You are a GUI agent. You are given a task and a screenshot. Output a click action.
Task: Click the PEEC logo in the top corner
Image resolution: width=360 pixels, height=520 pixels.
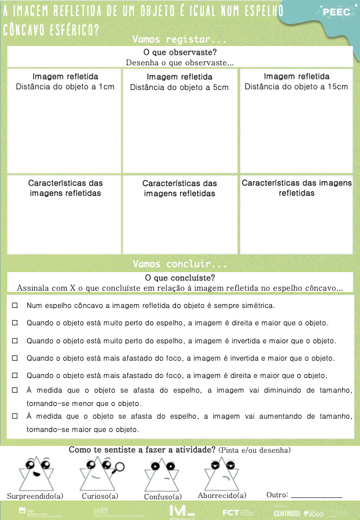[335, 12]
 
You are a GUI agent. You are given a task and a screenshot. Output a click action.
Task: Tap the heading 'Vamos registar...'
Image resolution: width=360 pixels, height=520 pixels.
[179, 39]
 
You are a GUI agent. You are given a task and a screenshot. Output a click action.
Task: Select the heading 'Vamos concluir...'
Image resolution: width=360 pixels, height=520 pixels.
[179, 264]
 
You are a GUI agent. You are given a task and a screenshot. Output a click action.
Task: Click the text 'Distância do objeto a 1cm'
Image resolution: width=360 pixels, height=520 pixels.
[65, 87]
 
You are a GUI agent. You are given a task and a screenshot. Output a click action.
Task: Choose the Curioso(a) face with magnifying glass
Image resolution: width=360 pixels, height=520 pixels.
[99, 473]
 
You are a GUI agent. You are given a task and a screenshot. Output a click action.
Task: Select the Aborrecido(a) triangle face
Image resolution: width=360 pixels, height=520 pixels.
[222, 473]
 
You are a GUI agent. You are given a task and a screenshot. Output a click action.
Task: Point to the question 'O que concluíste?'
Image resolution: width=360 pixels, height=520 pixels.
[179, 278]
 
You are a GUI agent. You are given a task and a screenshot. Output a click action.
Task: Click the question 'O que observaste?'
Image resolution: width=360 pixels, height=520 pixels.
[179, 52]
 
